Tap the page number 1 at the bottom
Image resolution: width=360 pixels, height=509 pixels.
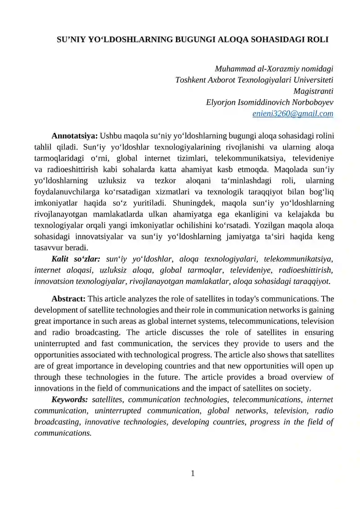click(193, 473)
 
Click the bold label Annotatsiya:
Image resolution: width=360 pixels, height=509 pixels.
click(75, 136)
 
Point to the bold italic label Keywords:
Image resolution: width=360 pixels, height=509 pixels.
click(70, 400)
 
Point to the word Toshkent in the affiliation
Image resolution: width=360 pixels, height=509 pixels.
click(191, 80)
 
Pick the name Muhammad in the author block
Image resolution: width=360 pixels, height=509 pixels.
click(234, 69)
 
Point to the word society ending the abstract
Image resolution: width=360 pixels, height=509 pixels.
click(297, 388)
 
